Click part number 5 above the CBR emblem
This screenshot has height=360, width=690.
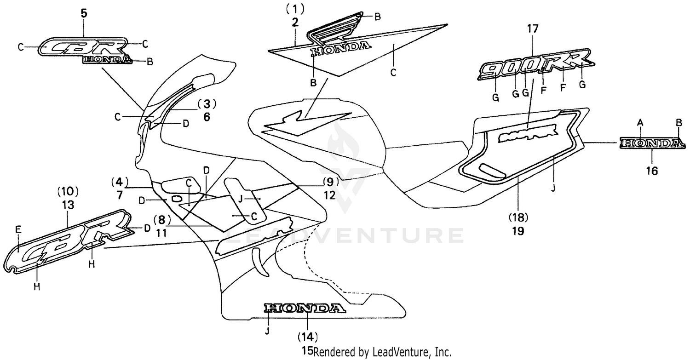pyautogui.click(x=84, y=13)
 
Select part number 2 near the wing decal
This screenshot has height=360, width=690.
pyautogui.click(x=295, y=22)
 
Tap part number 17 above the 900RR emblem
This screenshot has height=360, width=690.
pyautogui.click(x=532, y=29)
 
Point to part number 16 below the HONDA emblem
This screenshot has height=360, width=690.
pyautogui.click(x=652, y=171)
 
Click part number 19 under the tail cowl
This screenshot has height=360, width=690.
pyautogui.click(x=518, y=231)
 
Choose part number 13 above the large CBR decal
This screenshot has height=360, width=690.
pyautogui.click(x=68, y=206)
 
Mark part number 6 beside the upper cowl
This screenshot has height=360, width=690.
pyautogui.click(x=207, y=117)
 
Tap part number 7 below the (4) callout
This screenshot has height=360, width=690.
pyautogui.click(x=120, y=194)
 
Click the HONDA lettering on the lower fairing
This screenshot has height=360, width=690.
pyautogui.click(x=304, y=309)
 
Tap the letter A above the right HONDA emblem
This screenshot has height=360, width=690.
pyautogui.click(x=639, y=122)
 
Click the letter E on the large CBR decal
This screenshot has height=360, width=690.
pyautogui.click(x=18, y=229)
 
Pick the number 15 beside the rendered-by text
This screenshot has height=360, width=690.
pyautogui.click(x=307, y=352)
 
